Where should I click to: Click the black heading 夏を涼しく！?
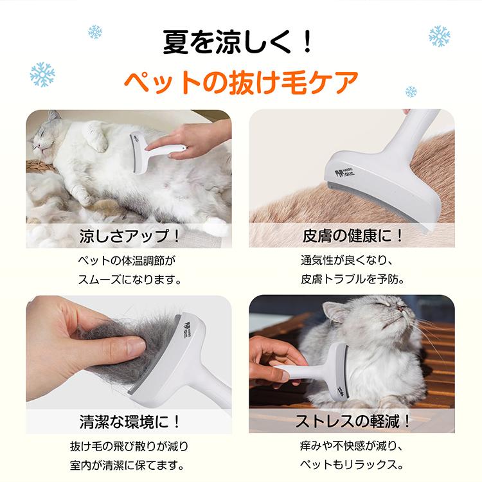(240, 42)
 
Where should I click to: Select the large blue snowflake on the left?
(42, 75)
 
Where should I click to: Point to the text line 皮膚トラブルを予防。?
(353, 280)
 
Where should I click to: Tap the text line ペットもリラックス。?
(353, 465)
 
